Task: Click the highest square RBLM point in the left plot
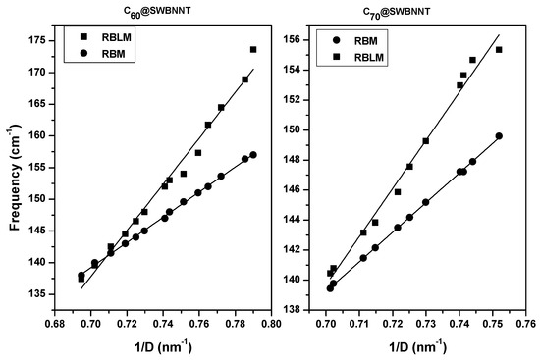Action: pyautogui.click(x=253, y=49)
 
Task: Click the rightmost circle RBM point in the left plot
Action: pyautogui.click(x=253, y=155)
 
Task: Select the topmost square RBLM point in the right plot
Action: pyautogui.click(x=499, y=50)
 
